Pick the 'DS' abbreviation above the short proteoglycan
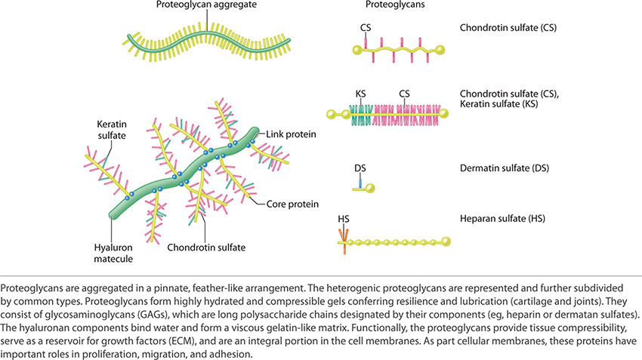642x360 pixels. (360, 169)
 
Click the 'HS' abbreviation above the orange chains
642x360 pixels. (345, 220)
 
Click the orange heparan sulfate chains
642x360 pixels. (344, 241)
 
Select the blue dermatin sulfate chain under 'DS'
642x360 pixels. (360, 181)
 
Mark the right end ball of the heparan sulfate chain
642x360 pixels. (446, 242)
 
